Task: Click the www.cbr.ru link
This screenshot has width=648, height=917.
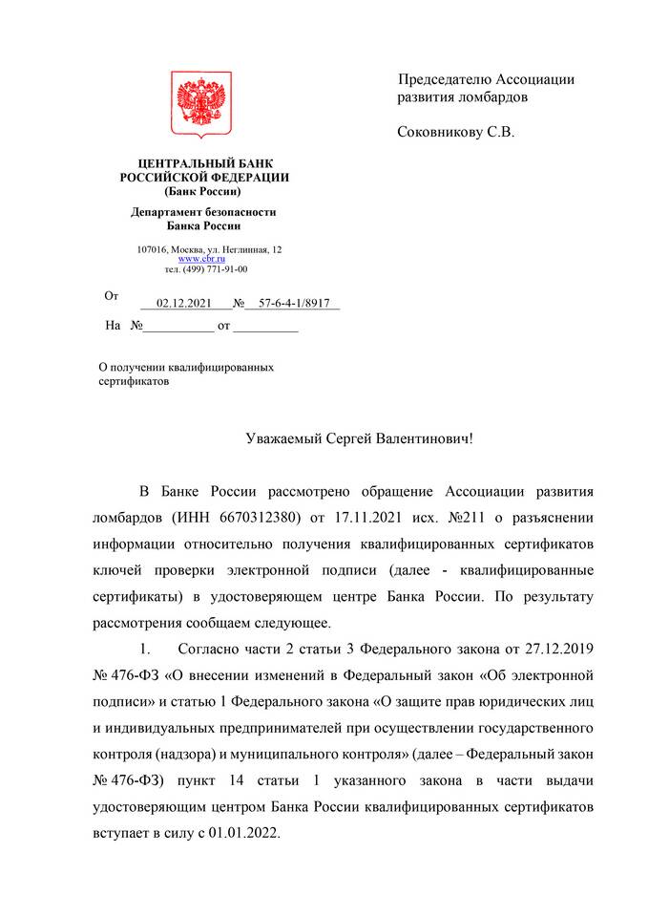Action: pyautogui.click(x=200, y=259)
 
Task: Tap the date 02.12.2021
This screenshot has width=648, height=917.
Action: pyautogui.click(x=184, y=303)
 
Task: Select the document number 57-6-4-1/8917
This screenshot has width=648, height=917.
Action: pyautogui.click(x=293, y=303)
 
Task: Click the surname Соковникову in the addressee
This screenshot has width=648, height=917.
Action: pyautogui.click(x=440, y=133)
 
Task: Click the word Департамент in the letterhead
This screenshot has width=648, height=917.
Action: pyautogui.click(x=166, y=212)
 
